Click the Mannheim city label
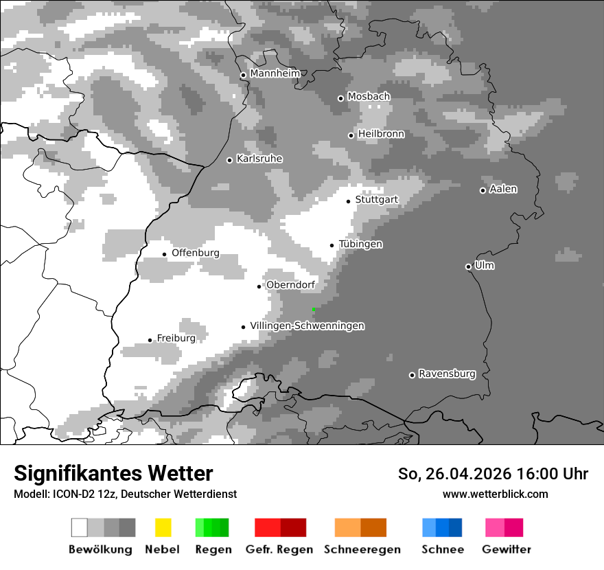pos(275,73)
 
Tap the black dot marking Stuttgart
pos(348,201)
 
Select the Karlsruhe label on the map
pos(259,159)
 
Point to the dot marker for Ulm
pos(468,266)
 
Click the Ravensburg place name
pos(447,374)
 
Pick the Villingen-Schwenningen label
pos(307,326)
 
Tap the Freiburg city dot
pos(150,340)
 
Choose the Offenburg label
pos(196,253)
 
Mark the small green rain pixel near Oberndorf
pos(314,310)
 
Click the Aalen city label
pos(503,189)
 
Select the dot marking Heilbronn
pos(351,135)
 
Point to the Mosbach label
pos(369,97)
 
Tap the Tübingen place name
pos(360,244)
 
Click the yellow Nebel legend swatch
pos(163,527)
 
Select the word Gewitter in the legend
pos(506,549)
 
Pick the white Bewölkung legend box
pos(79,527)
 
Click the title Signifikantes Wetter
pos(113,473)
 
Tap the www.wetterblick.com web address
pos(495,494)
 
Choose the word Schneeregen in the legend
pos(362,549)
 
